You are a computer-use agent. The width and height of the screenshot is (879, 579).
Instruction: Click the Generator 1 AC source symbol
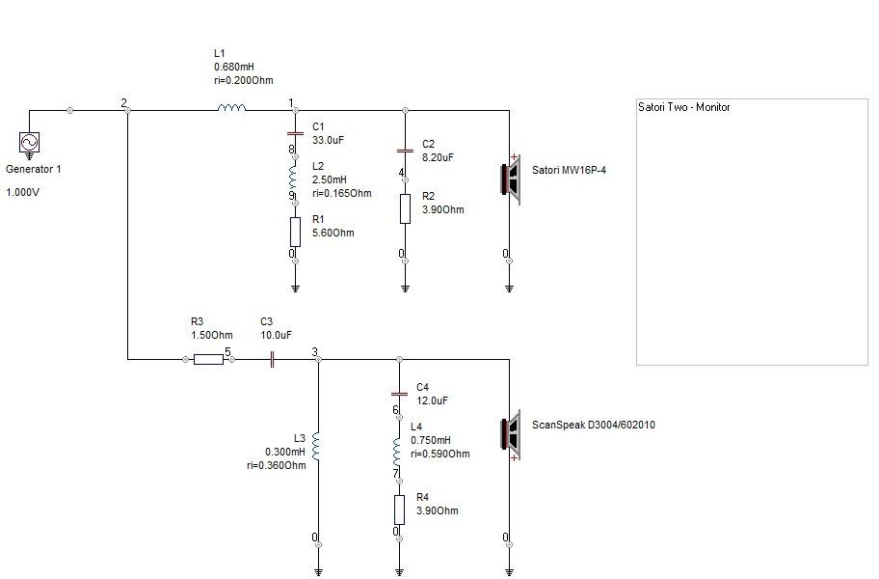click(x=29, y=143)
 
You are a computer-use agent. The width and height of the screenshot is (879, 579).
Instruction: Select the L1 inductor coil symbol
click(x=231, y=107)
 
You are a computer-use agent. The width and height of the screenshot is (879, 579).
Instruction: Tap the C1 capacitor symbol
click(x=295, y=133)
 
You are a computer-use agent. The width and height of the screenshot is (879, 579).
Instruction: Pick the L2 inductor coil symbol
click(x=294, y=177)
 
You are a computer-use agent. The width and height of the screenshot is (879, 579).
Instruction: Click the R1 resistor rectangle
click(x=295, y=232)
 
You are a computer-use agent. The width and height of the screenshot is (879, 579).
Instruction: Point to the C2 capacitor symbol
click(x=405, y=151)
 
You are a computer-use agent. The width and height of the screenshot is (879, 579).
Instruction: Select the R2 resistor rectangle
click(x=405, y=208)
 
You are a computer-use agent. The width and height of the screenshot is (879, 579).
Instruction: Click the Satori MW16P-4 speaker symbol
click(x=511, y=179)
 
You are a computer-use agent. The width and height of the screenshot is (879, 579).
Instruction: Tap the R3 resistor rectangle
click(x=208, y=359)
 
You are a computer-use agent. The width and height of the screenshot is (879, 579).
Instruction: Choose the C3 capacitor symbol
click(x=272, y=359)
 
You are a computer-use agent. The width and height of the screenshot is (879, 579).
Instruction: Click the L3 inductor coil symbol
click(x=315, y=446)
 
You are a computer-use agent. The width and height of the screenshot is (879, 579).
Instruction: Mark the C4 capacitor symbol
click(x=399, y=394)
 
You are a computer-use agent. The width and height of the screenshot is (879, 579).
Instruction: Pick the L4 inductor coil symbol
click(x=397, y=452)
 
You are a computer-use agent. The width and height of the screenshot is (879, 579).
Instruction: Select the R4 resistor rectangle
click(x=399, y=510)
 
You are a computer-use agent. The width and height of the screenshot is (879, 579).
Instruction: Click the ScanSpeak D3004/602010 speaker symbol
click(x=511, y=435)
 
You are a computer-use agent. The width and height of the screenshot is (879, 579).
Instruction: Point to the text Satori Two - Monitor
click(x=684, y=107)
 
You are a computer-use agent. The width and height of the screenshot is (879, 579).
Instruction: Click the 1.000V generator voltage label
click(x=22, y=192)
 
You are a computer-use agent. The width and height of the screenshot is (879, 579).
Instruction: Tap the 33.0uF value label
click(x=328, y=140)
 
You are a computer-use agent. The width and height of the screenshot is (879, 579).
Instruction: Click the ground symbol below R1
click(x=295, y=289)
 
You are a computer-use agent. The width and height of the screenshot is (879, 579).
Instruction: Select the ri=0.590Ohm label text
click(x=440, y=454)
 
